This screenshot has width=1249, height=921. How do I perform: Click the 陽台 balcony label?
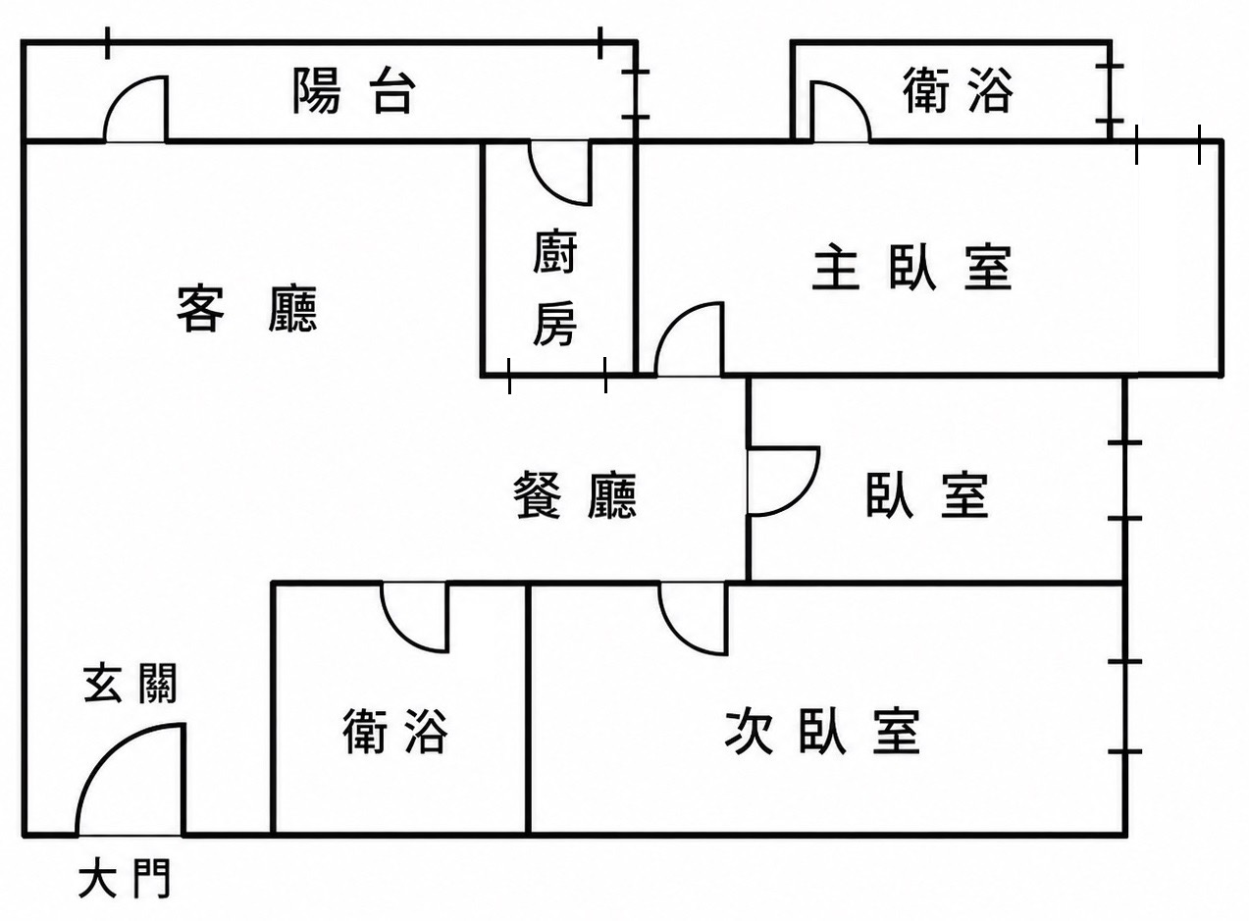tap(354, 91)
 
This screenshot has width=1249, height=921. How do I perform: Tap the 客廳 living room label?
tap(247, 309)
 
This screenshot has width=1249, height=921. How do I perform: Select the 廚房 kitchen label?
tap(555, 287)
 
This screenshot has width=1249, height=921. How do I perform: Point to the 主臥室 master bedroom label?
tap(911, 267)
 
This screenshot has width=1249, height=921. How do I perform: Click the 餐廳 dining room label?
tap(575, 495)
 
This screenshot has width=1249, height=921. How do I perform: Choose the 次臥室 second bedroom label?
tap(822, 732)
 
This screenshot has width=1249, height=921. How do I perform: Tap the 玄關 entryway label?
tap(130, 683)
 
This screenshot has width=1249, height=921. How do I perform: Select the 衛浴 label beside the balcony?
tap(957, 90)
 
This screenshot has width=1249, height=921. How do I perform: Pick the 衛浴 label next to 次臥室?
tap(394, 731)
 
